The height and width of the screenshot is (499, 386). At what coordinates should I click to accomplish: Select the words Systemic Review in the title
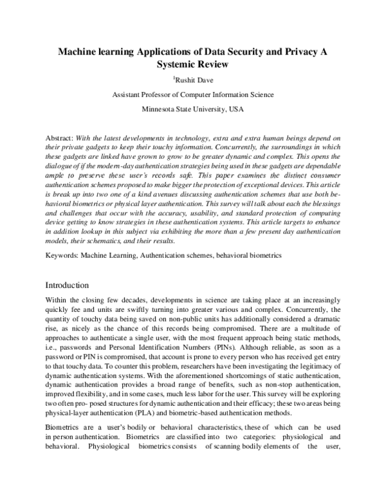tap(193, 65)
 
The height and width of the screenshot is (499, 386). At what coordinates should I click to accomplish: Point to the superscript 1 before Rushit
tap(174, 78)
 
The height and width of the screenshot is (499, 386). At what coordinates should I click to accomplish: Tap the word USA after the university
tap(235, 109)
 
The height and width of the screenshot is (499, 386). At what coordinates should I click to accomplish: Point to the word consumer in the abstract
tap(322, 175)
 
